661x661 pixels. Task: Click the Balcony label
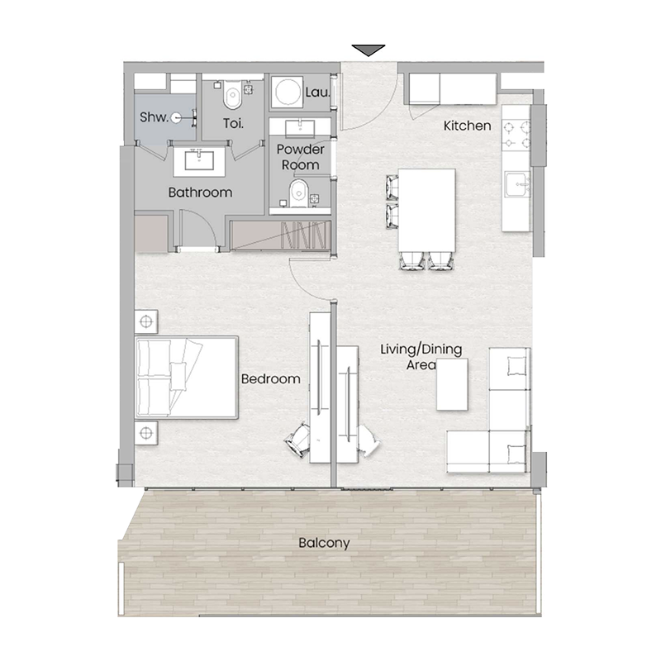pos(324,544)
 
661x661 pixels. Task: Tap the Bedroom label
pos(270,379)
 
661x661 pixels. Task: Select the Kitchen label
pos(468,126)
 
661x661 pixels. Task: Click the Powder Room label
pos(300,157)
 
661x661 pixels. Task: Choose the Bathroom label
pos(200,193)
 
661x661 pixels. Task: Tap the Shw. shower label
pos(154,118)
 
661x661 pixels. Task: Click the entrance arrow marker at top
pos(369,50)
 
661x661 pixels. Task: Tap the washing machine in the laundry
pos(287,93)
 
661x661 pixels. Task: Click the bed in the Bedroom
pos(188,377)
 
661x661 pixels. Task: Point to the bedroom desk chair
pos(298,439)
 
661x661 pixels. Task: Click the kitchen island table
pos(426,209)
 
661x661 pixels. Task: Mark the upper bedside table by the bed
pos(146,321)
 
